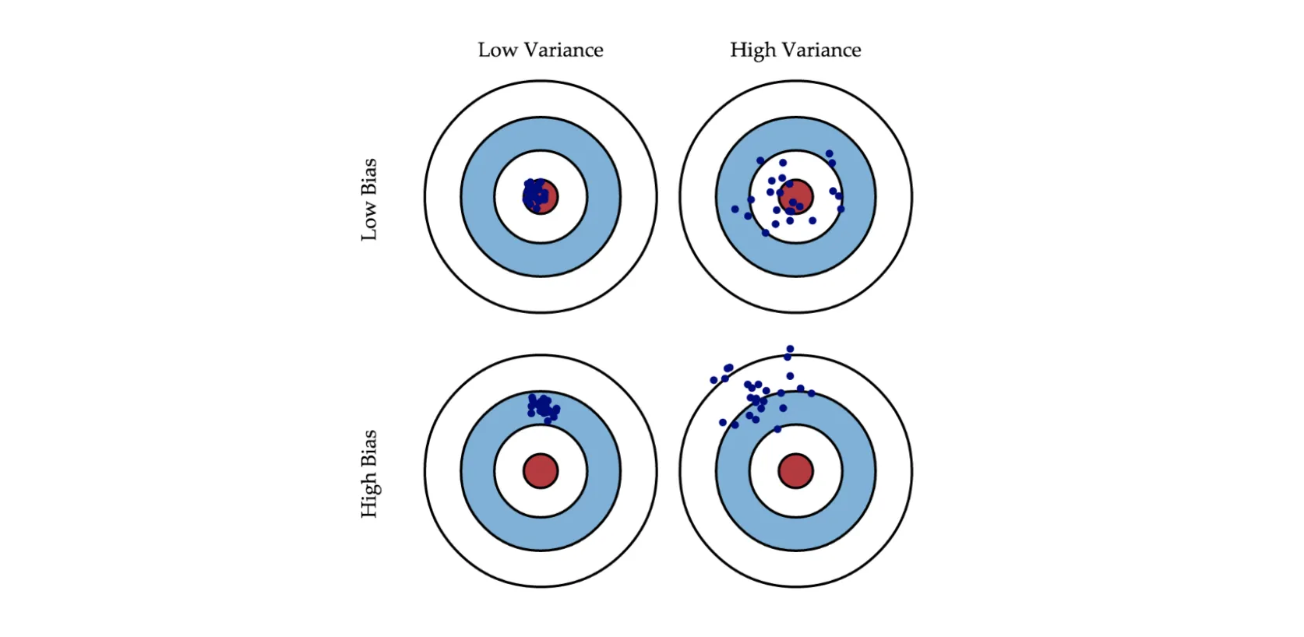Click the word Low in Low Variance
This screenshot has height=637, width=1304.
coord(497,51)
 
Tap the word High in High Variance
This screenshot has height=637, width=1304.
coord(752,51)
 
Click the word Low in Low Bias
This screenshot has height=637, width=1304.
coord(369,222)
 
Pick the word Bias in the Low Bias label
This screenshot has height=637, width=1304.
coord(369,177)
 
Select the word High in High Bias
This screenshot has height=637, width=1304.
coord(369,495)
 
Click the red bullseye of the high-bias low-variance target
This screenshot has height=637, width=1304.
coord(541,471)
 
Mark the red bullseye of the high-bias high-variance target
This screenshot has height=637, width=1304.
coord(795,471)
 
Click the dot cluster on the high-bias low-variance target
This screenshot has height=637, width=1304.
coord(542,407)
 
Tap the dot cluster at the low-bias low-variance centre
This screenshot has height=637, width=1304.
coord(535,194)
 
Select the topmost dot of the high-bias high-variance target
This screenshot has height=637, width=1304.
coord(790,349)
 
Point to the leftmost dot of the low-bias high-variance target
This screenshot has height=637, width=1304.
coord(735,209)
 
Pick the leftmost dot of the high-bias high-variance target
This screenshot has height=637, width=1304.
coord(714,380)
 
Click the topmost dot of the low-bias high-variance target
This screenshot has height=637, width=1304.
coord(829,154)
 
